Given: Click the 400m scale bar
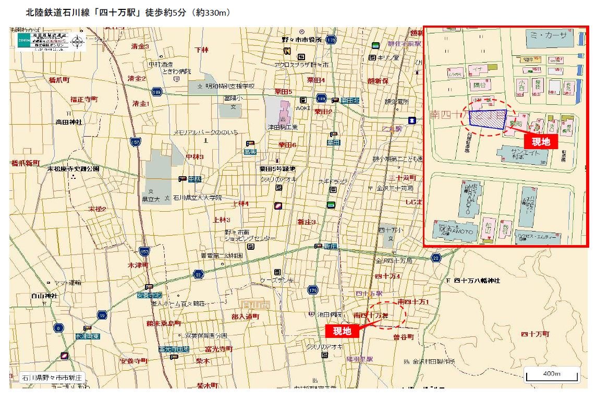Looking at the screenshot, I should click(x=551, y=375).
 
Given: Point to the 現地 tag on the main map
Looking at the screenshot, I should click(x=342, y=331).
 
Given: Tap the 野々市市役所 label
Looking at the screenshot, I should click(x=302, y=40).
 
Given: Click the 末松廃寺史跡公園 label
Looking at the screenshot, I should click(x=74, y=169).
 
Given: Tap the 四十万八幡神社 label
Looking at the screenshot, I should click(x=477, y=281).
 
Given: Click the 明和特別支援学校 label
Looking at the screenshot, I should click(x=229, y=86).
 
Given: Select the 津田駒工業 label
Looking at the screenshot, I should click(x=283, y=127).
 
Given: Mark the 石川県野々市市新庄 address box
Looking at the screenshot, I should click(x=52, y=377).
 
